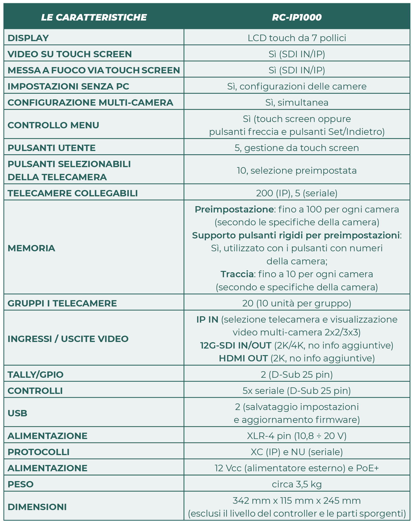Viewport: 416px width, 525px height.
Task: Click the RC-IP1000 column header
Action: [x=297, y=17]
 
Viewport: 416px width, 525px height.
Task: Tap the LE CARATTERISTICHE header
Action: [x=94, y=17]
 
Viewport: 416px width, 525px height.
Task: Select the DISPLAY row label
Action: [x=28, y=38]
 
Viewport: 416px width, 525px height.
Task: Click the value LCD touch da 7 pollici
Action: [x=297, y=38]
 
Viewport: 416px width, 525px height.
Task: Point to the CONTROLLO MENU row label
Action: [x=53, y=125]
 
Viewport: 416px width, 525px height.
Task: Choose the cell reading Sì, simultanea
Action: [x=297, y=103]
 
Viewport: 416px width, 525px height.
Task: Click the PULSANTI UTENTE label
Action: [x=51, y=148]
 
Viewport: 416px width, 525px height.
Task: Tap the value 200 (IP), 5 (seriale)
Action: [x=297, y=193]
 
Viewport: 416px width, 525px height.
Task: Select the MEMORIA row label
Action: [x=31, y=248]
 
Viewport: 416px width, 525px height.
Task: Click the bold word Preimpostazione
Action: [x=234, y=209]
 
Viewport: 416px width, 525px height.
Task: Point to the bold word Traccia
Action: [x=237, y=274]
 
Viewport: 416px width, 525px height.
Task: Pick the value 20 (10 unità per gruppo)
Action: [x=297, y=303]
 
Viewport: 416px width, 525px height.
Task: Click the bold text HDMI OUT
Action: [x=243, y=358]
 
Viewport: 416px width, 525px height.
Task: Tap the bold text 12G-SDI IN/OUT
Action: [x=236, y=345]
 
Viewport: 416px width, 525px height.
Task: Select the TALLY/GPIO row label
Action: [x=35, y=375]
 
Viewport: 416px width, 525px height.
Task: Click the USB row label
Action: [x=17, y=413]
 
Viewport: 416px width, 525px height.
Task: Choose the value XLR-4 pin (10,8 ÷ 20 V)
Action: [x=297, y=436]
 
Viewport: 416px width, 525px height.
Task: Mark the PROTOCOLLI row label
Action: [x=38, y=452]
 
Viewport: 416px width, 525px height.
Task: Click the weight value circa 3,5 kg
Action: [x=297, y=484]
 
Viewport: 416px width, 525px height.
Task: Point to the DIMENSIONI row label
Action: [x=37, y=507]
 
